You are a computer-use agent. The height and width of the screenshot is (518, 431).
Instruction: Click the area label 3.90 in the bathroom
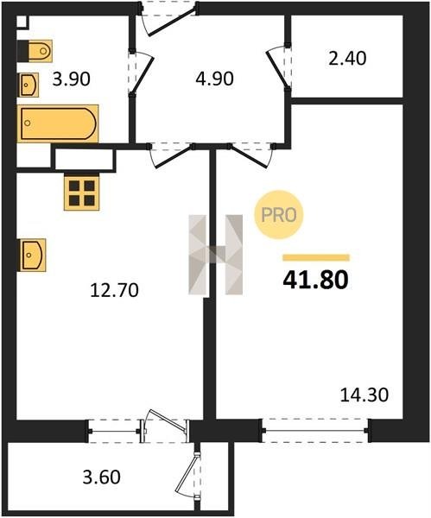(72, 79)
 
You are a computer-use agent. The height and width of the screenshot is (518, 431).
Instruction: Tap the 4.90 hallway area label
(214, 79)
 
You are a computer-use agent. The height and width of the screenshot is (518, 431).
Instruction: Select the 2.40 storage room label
(347, 59)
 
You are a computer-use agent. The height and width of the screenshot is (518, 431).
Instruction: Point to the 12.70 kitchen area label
(114, 290)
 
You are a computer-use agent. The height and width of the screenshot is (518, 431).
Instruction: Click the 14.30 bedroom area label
(364, 395)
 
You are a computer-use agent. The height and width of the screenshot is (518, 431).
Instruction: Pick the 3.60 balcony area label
(101, 477)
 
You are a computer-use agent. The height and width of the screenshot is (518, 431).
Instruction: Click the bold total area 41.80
(315, 280)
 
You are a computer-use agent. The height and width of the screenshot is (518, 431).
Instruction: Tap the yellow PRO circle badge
(279, 215)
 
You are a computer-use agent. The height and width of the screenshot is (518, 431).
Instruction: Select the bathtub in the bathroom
(58, 123)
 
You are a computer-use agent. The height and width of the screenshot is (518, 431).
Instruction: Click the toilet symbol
(39, 51)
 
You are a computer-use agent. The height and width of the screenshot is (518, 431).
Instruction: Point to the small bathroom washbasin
(29, 85)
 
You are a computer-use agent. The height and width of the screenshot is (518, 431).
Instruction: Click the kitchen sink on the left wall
(33, 255)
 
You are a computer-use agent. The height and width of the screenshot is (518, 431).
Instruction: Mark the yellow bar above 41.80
(316, 257)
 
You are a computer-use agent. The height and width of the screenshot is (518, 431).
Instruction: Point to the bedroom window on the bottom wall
(315, 431)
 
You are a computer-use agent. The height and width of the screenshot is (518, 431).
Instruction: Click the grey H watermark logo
(216, 255)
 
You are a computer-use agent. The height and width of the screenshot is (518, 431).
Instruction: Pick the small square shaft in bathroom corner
(22, 22)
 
